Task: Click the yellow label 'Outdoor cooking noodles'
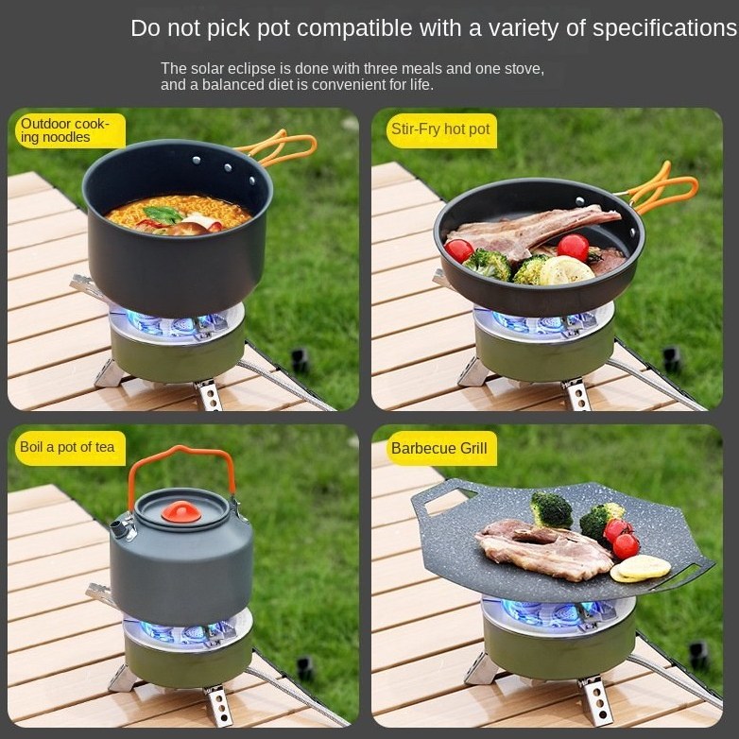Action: point(65,130)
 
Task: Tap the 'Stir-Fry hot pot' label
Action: point(440,129)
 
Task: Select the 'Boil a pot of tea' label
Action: point(67,447)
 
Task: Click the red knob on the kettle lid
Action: point(181,512)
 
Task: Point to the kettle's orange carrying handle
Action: point(181,455)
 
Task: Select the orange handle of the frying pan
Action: point(660,188)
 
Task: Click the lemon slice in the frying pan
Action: point(566,271)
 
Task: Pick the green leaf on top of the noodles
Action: point(163,215)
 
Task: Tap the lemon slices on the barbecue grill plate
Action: point(640,568)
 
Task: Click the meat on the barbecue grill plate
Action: point(543,549)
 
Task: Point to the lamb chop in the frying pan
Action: point(533,230)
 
